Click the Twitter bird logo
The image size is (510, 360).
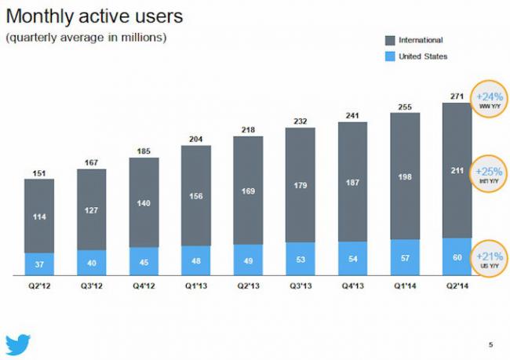pyautogui.click(x=18, y=344)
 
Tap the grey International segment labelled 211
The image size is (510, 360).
pyautogui.click(x=457, y=168)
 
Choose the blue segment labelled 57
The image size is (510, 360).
pyautogui.click(x=406, y=257)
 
